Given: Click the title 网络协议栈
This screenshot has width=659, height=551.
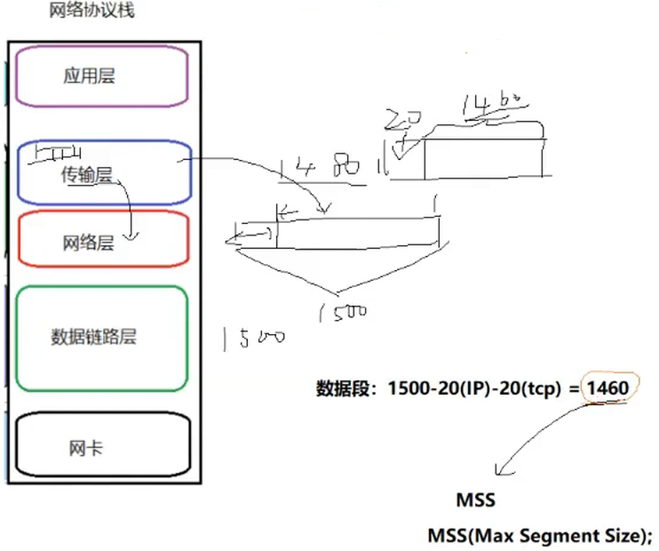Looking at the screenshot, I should [x=92, y=13].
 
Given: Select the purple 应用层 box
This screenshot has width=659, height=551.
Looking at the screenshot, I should [x=101, y=76].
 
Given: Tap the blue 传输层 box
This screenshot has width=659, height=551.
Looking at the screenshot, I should [x=101, y=173].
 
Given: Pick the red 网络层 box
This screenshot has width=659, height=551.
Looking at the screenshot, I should [x=101, y=241].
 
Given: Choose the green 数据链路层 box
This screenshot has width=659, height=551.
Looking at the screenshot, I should [x=101, y=338].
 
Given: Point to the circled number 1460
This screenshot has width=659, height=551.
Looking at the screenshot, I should [x=607, y=388].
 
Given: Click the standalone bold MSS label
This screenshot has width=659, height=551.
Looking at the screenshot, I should [x=475, y=501].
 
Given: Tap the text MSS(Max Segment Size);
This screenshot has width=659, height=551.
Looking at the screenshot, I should [x=540, y=536].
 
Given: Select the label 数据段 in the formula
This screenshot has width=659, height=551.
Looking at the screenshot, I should [x=344, y=388].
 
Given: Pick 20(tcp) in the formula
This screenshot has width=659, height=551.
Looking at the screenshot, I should [x=531, y=388].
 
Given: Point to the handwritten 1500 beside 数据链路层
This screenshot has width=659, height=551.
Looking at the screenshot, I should [x=254, y=339].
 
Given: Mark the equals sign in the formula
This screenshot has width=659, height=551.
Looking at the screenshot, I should [x=574, y=388].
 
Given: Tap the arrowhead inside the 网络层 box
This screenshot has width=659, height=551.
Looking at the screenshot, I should [x=132, y=236].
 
